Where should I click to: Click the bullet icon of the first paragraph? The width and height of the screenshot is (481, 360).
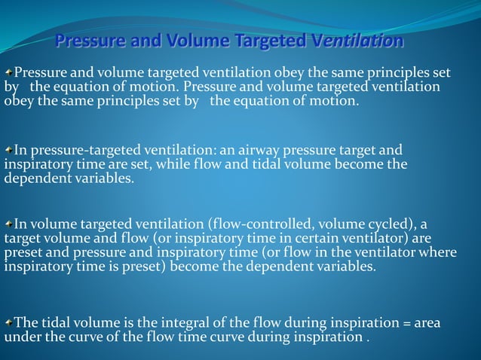[8, 72]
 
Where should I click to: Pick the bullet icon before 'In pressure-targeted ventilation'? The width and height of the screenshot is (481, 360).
[8, 149]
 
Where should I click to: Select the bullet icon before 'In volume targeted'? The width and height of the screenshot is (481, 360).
[8, 224]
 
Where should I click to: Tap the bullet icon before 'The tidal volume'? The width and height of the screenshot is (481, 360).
[8, 322]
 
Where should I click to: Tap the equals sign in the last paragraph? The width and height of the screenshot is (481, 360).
[408, 322]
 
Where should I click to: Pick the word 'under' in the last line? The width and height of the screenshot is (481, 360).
[21, 337]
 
